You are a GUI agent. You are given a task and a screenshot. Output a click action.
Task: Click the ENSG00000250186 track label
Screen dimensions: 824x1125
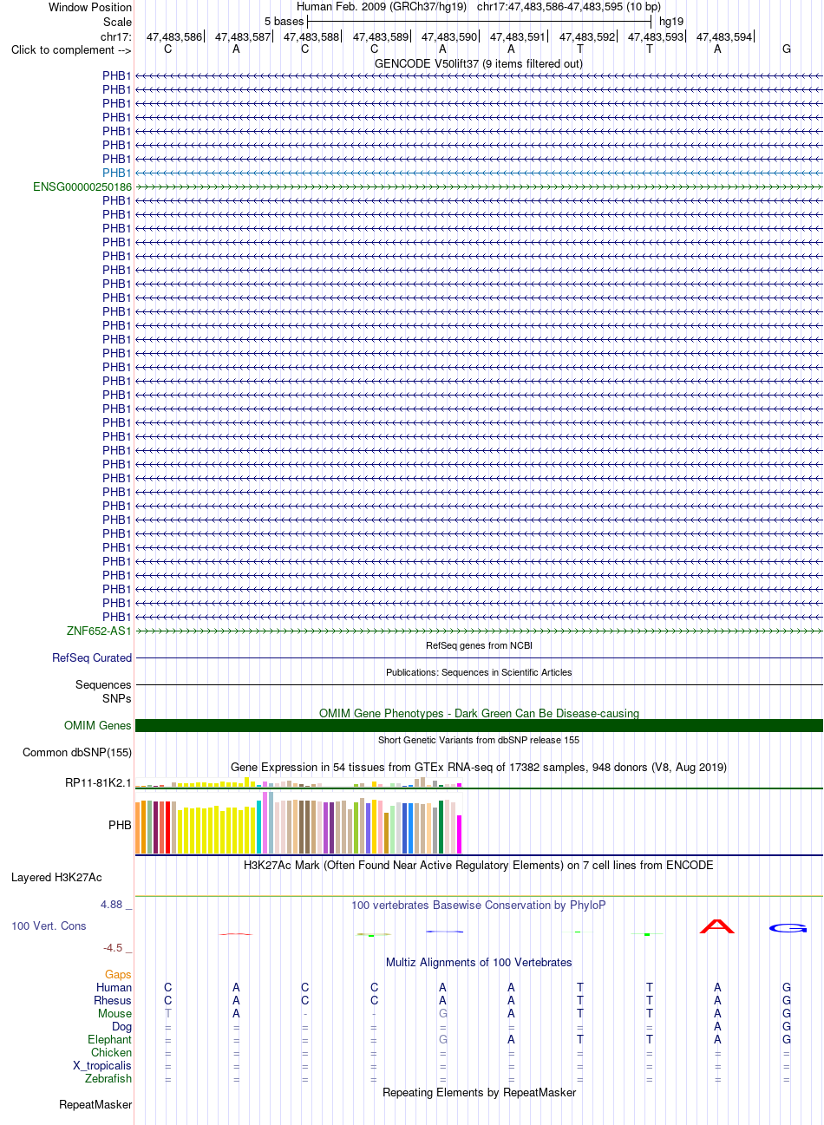(82, 186)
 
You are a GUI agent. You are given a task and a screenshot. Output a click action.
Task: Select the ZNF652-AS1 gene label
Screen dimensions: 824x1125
(98, 631)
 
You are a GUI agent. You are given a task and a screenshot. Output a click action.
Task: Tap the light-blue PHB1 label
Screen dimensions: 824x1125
(116, 173)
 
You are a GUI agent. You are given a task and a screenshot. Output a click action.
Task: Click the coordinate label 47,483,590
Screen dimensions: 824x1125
(449, 36)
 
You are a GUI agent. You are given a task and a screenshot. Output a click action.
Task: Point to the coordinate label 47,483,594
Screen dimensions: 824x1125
(724, 36)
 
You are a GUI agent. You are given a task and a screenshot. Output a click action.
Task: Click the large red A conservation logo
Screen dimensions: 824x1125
(717, 926)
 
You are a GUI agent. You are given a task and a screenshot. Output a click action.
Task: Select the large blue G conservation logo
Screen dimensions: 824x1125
(788, 928)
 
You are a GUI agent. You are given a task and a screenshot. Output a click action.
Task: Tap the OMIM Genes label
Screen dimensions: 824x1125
(97, 725)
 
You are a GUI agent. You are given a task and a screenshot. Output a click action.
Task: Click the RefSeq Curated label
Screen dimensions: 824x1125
(92, 658)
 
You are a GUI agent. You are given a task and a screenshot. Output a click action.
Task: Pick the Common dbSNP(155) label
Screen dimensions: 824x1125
(77, 752)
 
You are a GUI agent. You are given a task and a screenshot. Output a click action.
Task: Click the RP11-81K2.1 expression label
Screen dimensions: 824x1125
(98, 782)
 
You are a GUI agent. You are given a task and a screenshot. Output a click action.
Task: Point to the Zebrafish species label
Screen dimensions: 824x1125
(108, 1078)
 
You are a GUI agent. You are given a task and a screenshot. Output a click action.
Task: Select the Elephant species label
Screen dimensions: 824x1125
(109, 1039)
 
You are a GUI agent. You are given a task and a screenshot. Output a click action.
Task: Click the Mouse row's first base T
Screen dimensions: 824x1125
(167, 1013)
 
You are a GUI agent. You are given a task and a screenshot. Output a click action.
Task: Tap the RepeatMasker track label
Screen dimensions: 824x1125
(95, 1104)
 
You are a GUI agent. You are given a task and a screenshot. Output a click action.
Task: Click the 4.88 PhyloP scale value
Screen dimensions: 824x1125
(112, 905)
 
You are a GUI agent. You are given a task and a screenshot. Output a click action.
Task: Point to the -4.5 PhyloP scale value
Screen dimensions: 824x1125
(113, 948)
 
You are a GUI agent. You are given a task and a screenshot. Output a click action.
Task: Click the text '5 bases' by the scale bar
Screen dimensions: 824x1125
(284, 22)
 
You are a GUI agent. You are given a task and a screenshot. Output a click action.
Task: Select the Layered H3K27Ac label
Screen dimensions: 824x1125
(56, 878)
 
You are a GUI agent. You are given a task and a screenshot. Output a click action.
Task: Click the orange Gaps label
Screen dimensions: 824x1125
(118, 974)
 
